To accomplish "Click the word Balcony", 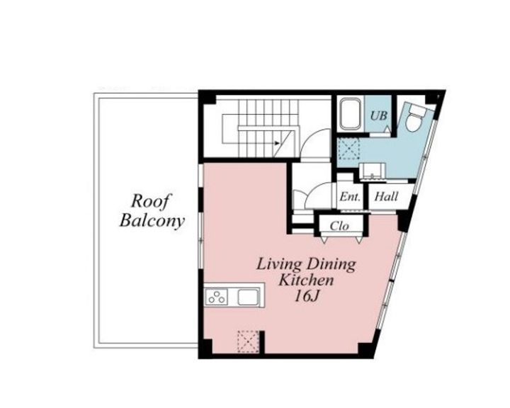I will point(152,220).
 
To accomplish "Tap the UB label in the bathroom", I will point(380,115).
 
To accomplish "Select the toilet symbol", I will point(415,117).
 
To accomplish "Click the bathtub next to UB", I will point(349,114).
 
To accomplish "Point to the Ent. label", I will point(350,198).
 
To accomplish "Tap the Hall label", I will point(386,198).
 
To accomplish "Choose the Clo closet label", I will point(339,226).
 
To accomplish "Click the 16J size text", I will point(306,297).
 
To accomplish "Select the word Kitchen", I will point(305,280).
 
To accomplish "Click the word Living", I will point(278,264).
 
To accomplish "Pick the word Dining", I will point(331,264).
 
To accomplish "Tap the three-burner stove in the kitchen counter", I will point(217,297).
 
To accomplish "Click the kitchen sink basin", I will point(248,297).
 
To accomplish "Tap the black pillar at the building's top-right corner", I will point(438,95).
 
